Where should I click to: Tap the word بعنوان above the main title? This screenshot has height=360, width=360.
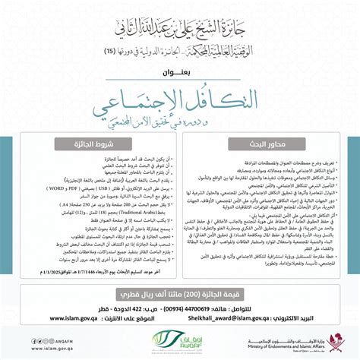(180, 73)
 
